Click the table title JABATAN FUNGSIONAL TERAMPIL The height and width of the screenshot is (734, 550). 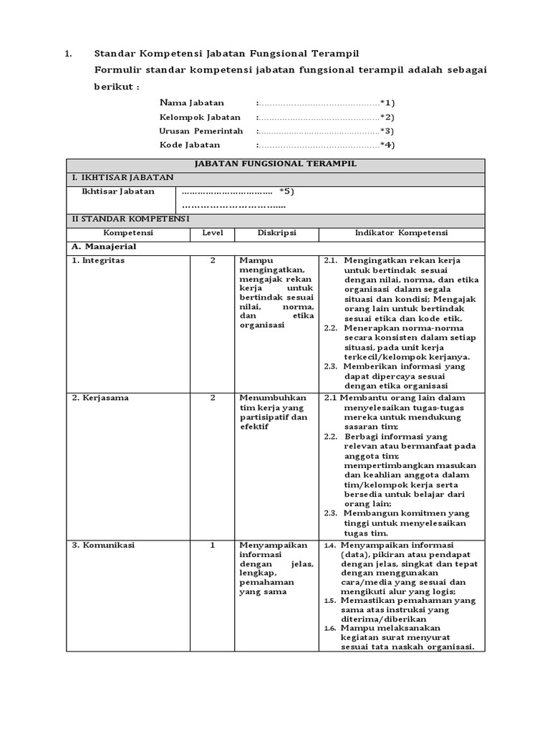(276, 164)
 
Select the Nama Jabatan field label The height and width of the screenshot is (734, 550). (191, 103)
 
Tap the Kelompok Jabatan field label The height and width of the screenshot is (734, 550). (200, 117)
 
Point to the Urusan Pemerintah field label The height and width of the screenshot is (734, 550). (201, 131)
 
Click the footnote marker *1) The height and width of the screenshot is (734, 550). (387, 103)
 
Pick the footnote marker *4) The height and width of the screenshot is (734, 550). (387, 145)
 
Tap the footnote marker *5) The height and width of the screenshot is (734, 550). (286, 191)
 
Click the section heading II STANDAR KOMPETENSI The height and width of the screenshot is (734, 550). (129, 219)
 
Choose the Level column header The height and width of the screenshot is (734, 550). (213, 233)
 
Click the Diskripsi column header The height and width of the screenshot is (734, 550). (276, 233)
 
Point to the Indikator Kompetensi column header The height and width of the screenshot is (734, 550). (401, 233)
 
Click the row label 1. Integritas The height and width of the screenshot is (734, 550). (98, 260)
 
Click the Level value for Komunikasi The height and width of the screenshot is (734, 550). (213, 545)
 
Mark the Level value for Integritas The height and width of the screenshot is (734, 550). (213, 260)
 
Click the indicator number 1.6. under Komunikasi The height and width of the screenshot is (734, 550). (329, 628)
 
